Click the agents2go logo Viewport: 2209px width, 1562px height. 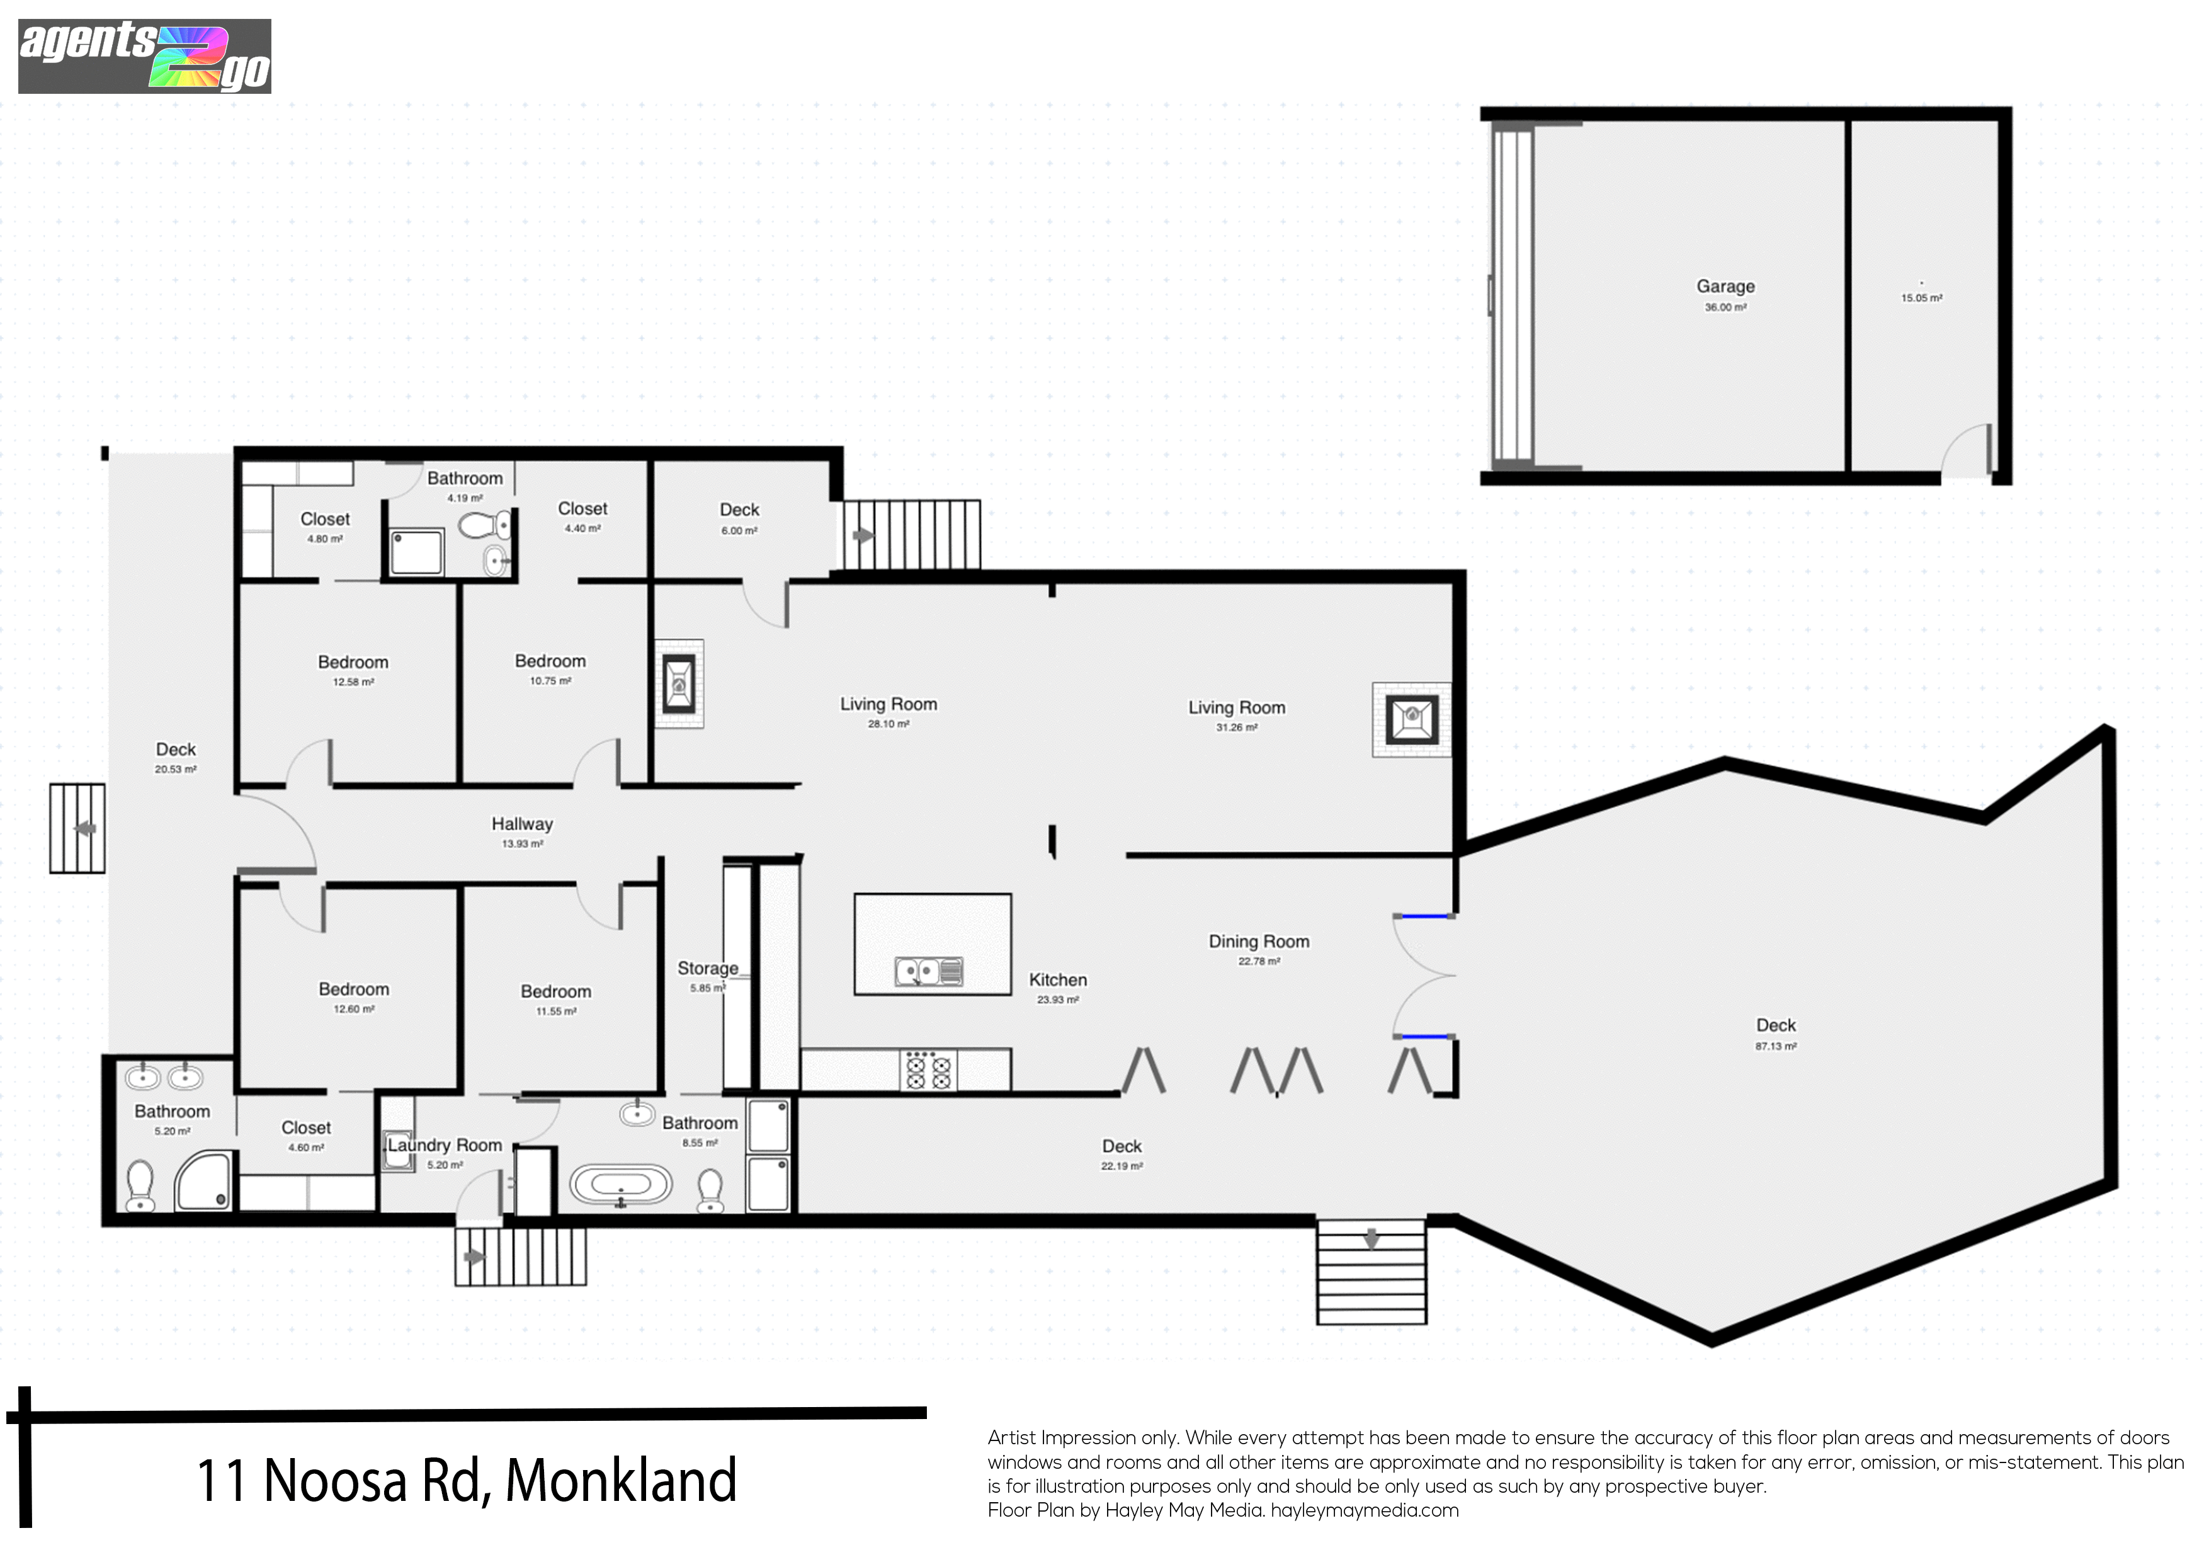144,57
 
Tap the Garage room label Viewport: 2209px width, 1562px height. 1725,286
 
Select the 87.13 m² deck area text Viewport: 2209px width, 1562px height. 1775,1046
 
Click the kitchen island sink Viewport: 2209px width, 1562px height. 928,972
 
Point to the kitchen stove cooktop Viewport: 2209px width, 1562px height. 928,1070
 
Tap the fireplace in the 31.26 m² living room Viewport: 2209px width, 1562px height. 1411,718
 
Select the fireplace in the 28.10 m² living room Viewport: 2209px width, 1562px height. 679,684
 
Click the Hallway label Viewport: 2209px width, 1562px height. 523,824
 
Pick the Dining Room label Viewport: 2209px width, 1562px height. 1258,941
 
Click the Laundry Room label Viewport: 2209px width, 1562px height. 445,1145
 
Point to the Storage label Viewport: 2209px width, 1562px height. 708,968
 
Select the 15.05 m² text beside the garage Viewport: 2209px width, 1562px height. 1921,299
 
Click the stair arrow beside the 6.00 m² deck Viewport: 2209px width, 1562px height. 863,535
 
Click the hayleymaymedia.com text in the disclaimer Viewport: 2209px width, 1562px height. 1365,1510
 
